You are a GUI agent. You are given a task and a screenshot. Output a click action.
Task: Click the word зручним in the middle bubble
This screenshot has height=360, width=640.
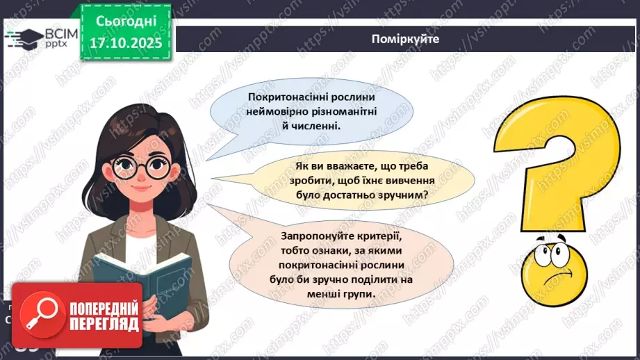pyautogui.click(x=403, y=195)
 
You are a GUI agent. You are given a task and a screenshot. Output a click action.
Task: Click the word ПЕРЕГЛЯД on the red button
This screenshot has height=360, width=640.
pyautogui.click(x=103, y=323)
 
